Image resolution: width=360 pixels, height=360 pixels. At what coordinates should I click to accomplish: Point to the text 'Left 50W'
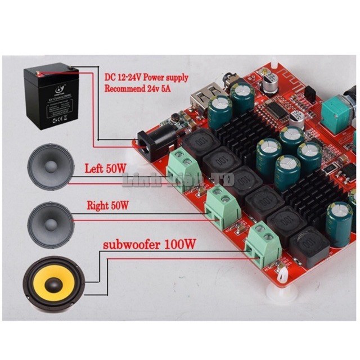tap(106, 168)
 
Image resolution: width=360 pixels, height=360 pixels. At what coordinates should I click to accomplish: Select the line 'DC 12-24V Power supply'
tap(146, 77)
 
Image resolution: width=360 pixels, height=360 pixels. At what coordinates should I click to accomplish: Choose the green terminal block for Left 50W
tap(183, 165)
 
